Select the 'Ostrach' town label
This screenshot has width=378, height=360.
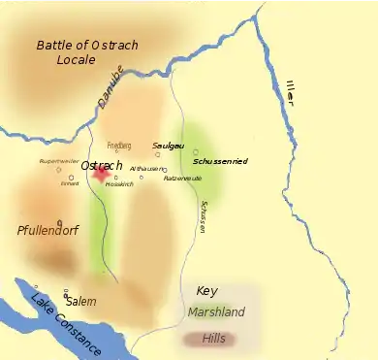click(102, 165)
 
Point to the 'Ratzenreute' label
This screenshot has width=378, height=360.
click(183, 178)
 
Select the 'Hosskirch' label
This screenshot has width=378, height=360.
click(119, 184)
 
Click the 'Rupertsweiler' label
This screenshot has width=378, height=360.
click(57, 161)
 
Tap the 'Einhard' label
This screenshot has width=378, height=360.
click(70, 182)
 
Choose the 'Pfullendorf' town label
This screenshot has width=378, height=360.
click(47, 230)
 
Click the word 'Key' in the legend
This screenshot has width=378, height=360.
click(206, 291)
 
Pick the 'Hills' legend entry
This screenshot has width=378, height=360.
click(214, 338)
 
